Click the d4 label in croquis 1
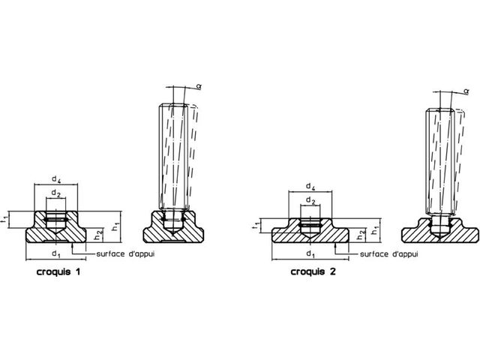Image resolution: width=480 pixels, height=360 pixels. click(x=56, y=180)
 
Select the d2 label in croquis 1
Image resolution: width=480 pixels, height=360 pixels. click(x=55, y=193)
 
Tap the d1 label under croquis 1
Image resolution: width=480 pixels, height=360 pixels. click(x=56, y=253)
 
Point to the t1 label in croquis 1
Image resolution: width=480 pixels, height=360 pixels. click(x=4, y=220)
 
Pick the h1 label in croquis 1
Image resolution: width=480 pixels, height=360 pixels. click(x=115, y=227)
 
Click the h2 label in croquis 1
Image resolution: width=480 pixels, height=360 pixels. click(x=98, y=235)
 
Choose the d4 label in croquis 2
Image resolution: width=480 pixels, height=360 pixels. click(x=310, y=187)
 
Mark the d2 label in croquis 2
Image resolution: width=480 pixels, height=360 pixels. click(x=310, y=201)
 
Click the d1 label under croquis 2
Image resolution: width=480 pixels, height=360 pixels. click(x=310, y=254)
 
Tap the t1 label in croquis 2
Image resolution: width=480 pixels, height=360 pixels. click(x=257, y=226)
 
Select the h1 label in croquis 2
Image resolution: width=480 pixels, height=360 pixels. click(x=376, y=231)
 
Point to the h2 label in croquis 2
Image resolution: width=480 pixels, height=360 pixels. click(x=361, y=235)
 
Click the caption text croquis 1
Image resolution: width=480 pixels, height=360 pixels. click(x=58, y=271)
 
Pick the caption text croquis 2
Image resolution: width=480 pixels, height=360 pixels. click(x=313, y=271)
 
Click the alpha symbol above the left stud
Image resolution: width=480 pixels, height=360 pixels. click(x=199, y=87)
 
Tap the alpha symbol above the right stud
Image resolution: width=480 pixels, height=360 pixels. click(x=466, y=91)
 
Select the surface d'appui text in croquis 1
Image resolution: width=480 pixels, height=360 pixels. click(x=125, y=253)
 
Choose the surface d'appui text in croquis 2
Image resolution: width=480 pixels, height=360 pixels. click(x=388, y=254)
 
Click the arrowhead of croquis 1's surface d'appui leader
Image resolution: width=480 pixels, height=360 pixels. click(x=73, y=244)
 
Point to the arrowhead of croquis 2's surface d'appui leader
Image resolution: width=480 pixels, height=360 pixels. click(x=336, y=245)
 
